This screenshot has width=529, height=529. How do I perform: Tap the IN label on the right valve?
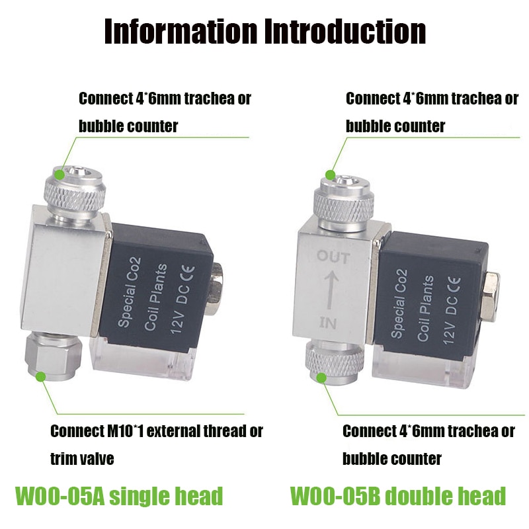[x=329, y=322]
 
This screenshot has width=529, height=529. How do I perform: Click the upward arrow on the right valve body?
[x=331, y=289]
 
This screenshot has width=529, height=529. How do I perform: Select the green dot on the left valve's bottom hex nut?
[x=41, y=376]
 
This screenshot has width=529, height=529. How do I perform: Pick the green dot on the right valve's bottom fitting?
[x=322, y=378]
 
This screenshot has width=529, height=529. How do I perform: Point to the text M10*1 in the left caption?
[x=128, y=432]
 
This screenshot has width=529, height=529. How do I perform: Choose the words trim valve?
[x=83, y=458]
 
